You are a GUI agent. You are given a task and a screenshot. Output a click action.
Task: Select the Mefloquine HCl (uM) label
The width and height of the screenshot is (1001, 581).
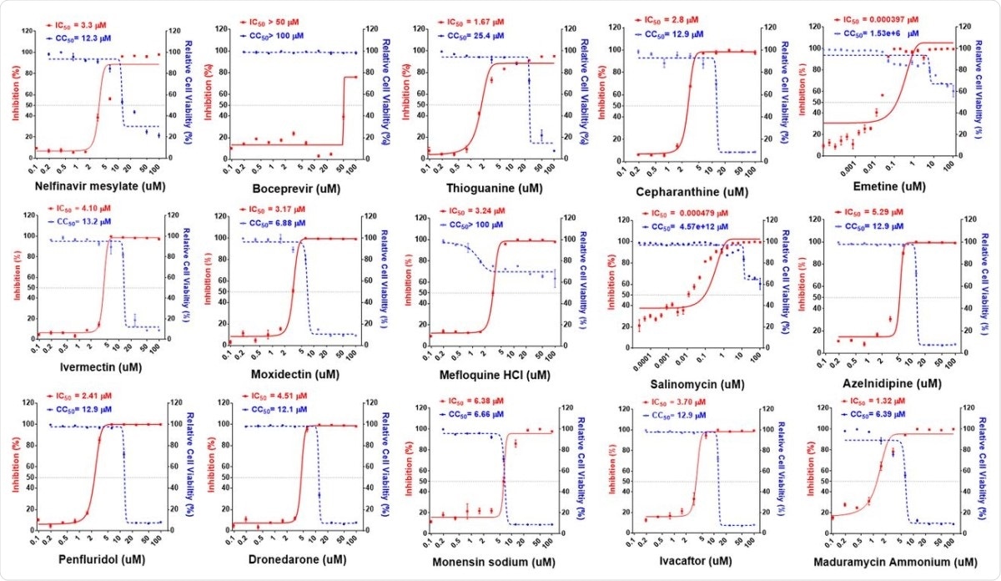point(492,376)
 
